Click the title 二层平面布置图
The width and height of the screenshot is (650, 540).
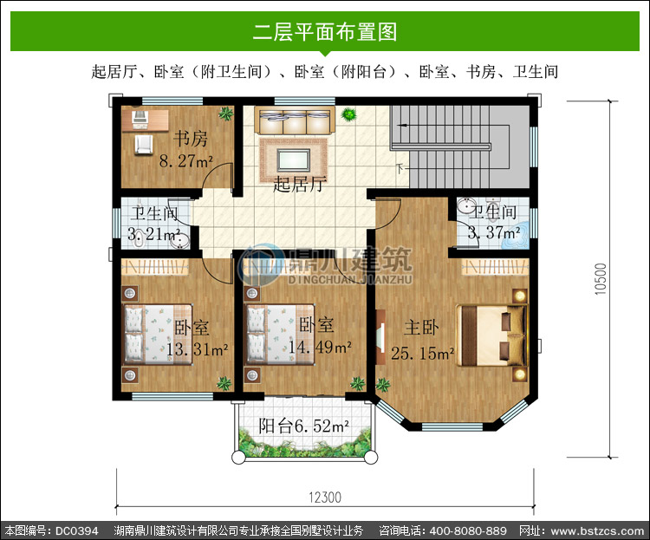(325, 31)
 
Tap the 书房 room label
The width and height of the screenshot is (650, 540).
(191, 139)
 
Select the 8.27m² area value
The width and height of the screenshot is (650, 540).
(186, 161)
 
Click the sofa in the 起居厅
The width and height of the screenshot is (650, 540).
(295, 120)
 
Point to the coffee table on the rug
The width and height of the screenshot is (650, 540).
(294, 160)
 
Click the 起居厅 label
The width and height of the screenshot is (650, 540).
(300, 184)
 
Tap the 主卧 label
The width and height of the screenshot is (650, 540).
(421, 327)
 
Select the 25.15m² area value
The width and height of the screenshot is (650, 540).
(423, 354)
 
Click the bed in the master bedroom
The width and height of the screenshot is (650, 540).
(492, 335)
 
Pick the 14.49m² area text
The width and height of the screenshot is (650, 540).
(320, 347)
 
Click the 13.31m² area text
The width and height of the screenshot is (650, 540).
(198, 349)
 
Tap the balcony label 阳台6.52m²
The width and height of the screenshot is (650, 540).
(304, 426)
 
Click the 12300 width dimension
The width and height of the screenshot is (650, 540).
(325, 498)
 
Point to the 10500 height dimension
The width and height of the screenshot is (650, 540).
(601, 279)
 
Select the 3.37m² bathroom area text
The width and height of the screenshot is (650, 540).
(494, 232)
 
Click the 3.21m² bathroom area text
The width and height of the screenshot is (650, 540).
(153, 234)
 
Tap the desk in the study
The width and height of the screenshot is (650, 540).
(145, 120)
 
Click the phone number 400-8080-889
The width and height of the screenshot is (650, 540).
(468, 530)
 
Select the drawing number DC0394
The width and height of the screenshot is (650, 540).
(76, 530)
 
